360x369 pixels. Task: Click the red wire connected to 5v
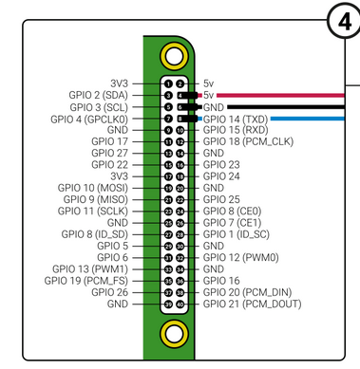tap(280, 95)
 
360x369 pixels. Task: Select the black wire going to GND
tap(286, 107)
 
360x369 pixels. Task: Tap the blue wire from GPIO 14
tap(307, 119)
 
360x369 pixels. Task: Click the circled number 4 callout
tap(344, 22)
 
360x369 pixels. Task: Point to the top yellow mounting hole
tap(174, 56)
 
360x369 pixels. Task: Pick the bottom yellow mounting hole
tap(174, 334)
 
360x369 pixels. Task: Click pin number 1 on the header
tap(168, 83)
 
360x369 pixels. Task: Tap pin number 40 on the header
tap(180, 304)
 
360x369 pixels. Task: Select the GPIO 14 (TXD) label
tap(236, 120)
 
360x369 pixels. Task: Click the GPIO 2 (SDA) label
tap(99, 95)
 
